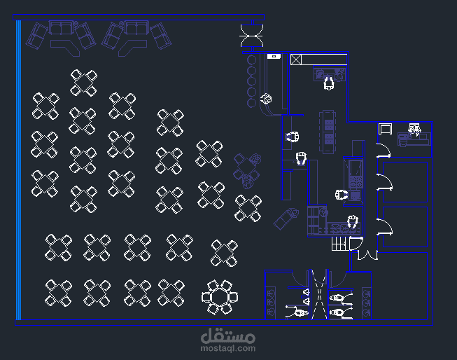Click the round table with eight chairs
pos(220,297)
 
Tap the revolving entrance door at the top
pos(251,36)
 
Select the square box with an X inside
pos(296,60)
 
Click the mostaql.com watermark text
pos(228,348)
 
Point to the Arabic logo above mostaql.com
pos(228,335)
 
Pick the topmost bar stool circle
pos(251,60)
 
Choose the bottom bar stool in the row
pos(251,103)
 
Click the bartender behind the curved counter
pos(266,99)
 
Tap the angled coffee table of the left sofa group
pos(65,47)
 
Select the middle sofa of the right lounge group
pos(136,28)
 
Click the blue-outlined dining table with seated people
pos(247,170)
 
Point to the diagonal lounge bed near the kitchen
pos(286,219)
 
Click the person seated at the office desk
pos(414,129)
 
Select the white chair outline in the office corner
pos(385,129)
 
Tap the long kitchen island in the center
pos(328,131)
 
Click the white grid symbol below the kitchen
pos(340,244)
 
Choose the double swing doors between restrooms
pos(319,294)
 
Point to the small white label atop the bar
pos(274,56)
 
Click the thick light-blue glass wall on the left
pos(19,170)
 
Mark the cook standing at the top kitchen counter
pos(329,83)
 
